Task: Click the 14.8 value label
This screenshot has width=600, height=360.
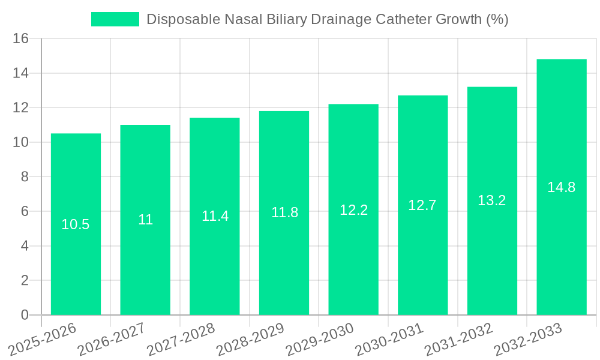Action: point(561,187)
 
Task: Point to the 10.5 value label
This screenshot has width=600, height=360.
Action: point(76,224)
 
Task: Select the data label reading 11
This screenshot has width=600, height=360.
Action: point(145,220)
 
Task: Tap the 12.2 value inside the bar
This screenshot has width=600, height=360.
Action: point(353,210)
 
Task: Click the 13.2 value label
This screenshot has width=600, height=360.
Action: point(492,200)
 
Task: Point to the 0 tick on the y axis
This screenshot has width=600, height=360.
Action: point(25,314)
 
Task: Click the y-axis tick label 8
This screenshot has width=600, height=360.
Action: point(25,176)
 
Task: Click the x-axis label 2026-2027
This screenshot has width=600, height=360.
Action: point(112,340)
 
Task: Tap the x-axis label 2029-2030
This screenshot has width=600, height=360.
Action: point(320,340)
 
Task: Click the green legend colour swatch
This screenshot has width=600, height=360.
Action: point(115,19)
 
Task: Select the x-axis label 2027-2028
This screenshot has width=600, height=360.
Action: point(181,340)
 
